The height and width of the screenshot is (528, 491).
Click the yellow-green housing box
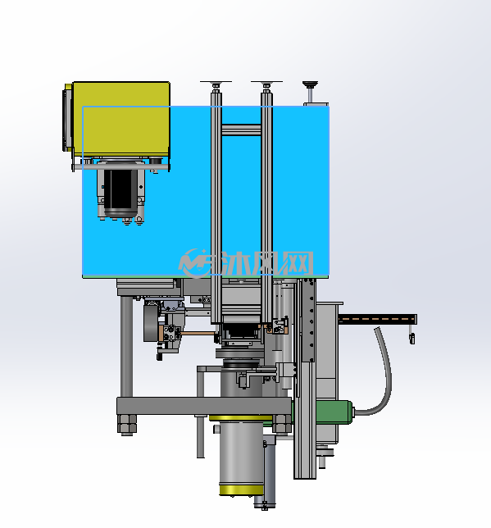[121, 119]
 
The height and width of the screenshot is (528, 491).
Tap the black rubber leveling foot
[310, 84]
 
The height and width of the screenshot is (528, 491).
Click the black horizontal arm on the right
[378, 319]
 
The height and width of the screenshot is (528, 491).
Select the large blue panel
[206, 192]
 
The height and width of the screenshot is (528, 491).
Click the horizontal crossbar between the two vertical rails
[241, 130]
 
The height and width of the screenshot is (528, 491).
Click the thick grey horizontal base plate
[204, 406]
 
